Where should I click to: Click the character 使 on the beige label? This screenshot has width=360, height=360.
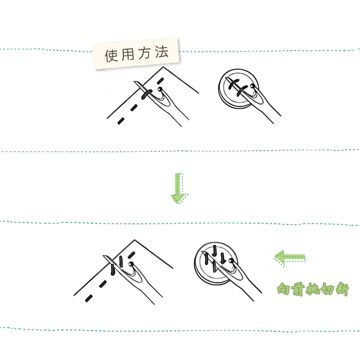(x=112, y=56)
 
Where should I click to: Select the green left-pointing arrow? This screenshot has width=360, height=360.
(x=290, y=258)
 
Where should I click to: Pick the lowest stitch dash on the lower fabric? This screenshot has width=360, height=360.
(x=89, y=297)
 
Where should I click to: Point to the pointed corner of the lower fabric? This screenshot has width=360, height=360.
(x=133, y=239)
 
